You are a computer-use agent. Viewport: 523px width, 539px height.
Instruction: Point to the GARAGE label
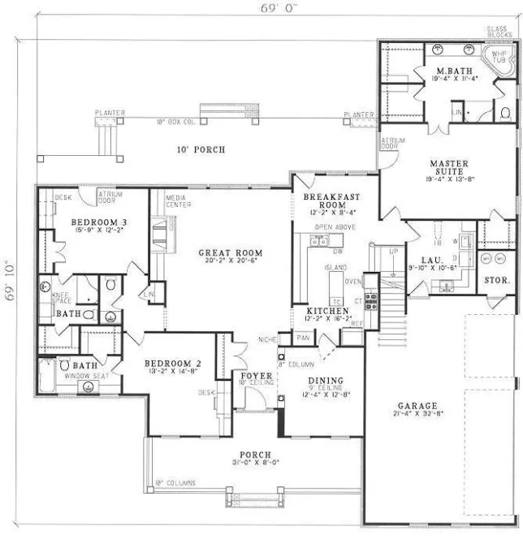417,405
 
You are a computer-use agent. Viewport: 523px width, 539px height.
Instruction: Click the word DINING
325,381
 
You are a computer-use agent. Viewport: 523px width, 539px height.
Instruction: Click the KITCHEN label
328,311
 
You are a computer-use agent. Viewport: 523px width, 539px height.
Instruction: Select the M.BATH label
449,71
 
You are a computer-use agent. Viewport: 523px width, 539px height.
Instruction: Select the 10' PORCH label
201,149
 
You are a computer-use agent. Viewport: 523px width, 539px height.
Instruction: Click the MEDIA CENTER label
178,201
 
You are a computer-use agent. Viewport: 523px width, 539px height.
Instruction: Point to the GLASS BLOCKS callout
497,32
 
